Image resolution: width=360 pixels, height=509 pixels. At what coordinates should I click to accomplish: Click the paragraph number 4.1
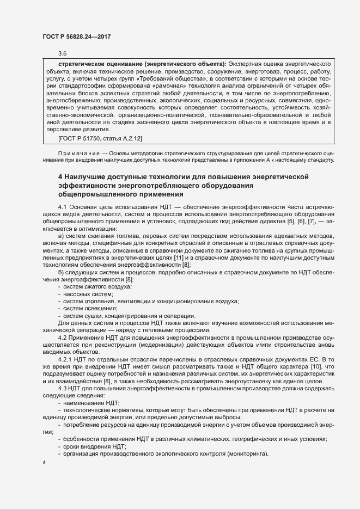[62, 208]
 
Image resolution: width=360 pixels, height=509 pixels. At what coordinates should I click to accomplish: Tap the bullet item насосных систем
[88, 293]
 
